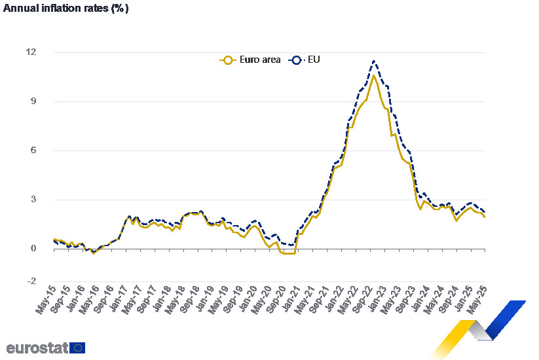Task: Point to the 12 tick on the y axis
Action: [32, 52]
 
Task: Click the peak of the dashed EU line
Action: [373, 61]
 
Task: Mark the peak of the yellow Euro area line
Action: [373, 75]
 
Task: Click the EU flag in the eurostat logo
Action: [77, 348]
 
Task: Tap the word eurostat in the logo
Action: [37, 348]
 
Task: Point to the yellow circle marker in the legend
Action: [227, 60]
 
